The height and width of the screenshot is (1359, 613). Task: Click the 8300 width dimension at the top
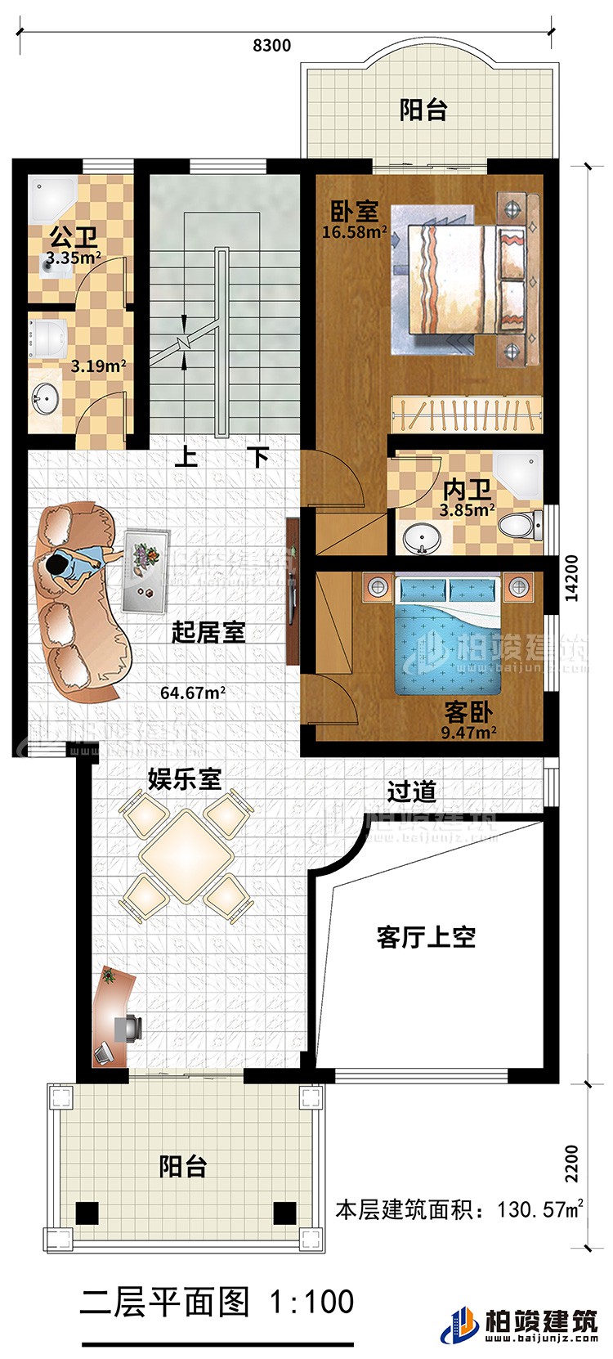[271, 46]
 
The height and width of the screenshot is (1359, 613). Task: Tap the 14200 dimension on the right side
[571, 579]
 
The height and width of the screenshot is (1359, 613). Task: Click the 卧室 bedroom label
[354, 211]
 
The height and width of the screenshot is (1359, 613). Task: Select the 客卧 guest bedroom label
[468, 710]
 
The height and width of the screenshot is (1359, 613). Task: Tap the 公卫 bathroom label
[74, 238]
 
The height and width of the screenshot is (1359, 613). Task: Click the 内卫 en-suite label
[467, 491]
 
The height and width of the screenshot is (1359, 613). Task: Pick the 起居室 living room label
[208, 632]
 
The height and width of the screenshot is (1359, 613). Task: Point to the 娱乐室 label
[184, 778]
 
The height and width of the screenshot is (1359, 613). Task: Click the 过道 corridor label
[411, 791]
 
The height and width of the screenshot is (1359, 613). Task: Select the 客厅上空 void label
[426, 937]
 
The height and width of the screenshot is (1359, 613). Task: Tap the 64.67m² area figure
[193, 693]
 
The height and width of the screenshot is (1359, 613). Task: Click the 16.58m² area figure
[354, 232]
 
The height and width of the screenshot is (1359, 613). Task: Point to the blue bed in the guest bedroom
[448, 647]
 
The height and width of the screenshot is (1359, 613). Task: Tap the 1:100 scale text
[311, 1301]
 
